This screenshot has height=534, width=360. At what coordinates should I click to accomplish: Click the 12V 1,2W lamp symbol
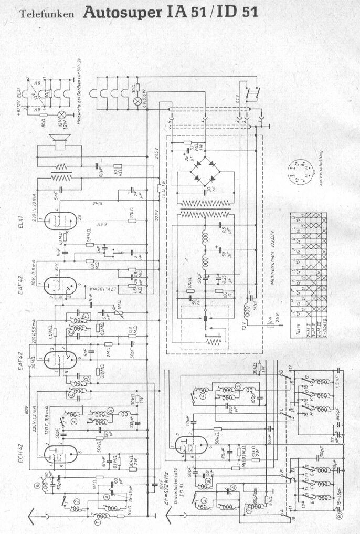[x=61, y=114]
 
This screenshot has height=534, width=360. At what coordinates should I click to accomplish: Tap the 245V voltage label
[x=156, y=153]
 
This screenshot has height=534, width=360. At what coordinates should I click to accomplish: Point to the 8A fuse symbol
[x=269, y=326]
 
